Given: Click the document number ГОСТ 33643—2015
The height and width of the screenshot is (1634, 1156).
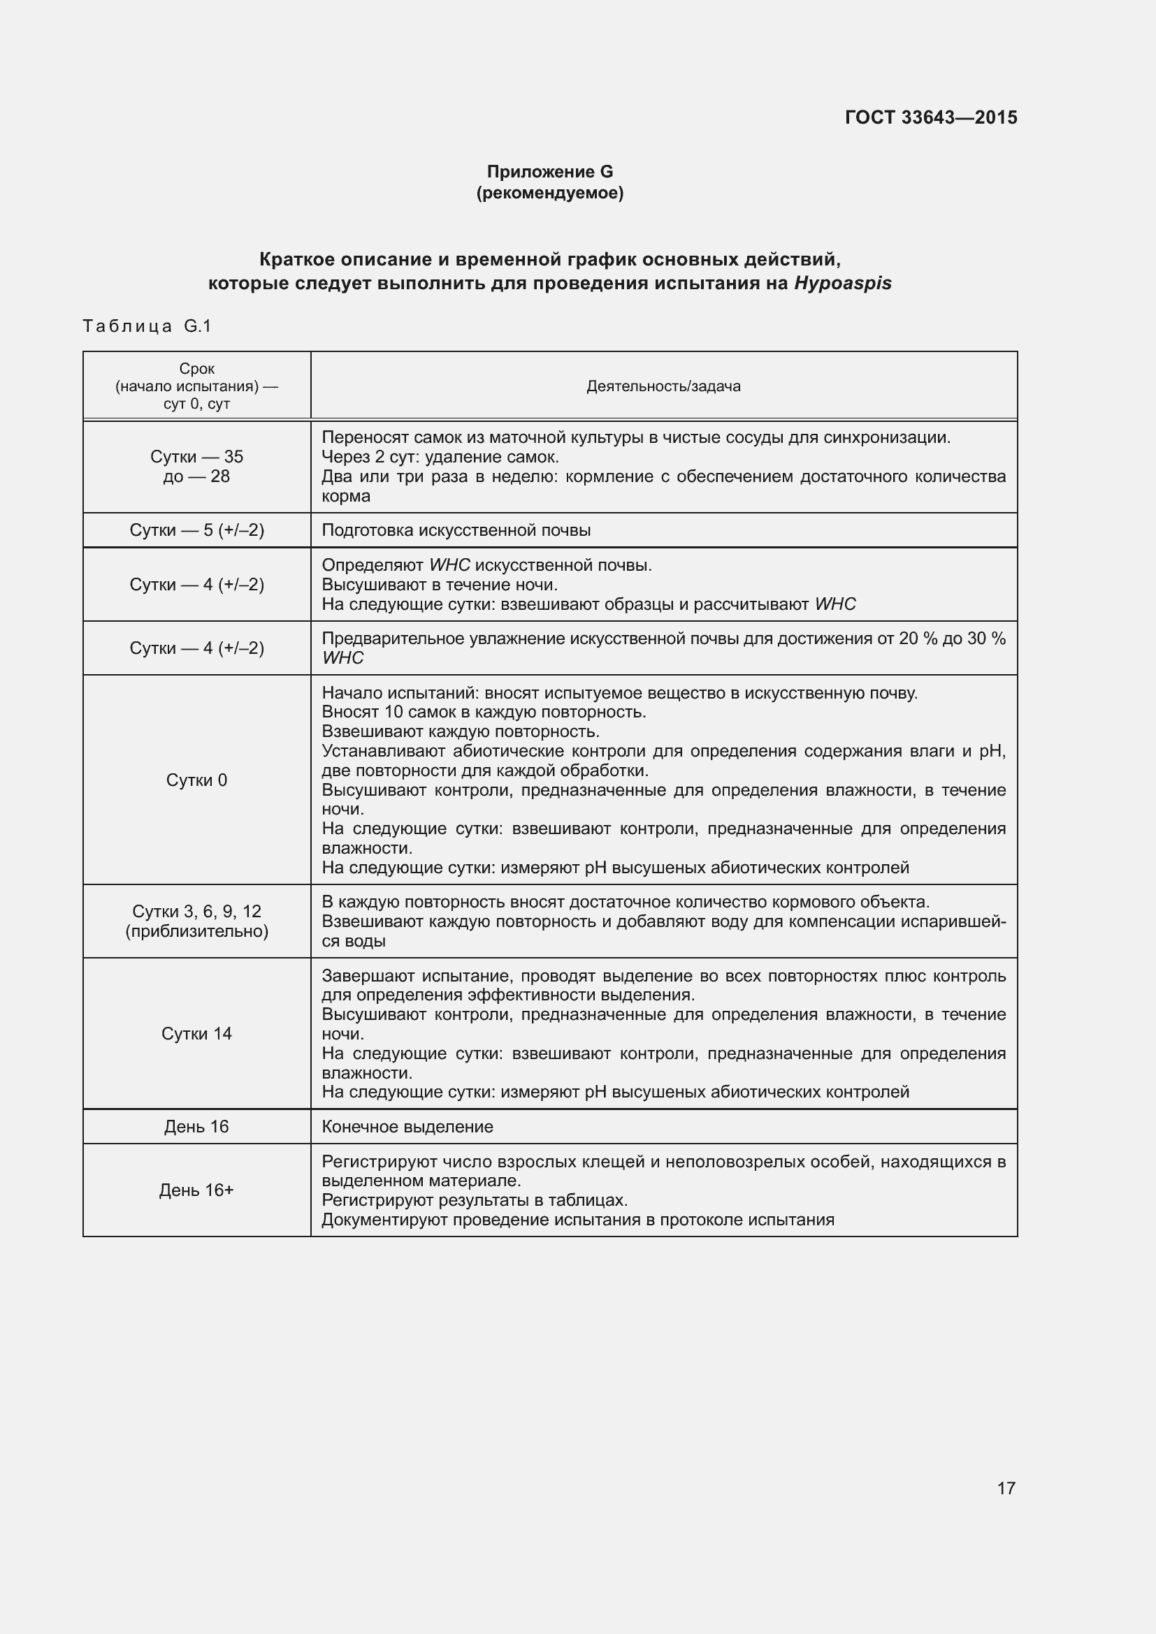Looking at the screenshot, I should (x=930, y=117).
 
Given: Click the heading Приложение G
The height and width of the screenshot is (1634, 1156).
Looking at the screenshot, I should (x=549, y=172).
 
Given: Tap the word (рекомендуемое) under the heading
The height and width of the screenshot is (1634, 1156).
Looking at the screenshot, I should (x=549, y=193).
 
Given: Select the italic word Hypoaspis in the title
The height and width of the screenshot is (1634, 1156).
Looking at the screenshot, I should (x=843, y=283).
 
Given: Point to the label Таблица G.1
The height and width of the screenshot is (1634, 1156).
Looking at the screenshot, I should (x=147, y=326).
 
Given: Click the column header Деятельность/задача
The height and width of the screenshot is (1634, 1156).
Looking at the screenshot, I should (x=663, y=386).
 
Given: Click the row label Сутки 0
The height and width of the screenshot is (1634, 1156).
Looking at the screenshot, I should (x=196, y=780).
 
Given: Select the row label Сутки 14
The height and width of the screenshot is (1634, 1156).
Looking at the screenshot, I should (x=196, y=1033).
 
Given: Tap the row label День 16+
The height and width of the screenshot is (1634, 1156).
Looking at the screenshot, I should (x=196, y=1190).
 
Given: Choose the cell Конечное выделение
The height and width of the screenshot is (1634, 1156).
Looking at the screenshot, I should (x=407, y=1127).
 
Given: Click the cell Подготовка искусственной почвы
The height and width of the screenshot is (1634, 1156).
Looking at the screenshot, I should (x=456, y=530).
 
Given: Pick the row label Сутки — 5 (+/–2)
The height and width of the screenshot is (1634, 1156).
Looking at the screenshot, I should (x=196, y=530).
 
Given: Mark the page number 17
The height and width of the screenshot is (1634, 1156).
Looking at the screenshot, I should (x=1006, y=1488).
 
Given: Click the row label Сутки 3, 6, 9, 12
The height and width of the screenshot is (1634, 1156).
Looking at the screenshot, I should (x=196, y=911).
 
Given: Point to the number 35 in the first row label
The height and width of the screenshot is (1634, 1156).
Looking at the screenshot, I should (x=233, y=457).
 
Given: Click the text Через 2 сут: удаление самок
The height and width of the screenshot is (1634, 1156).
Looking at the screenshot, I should (x=440, y=457).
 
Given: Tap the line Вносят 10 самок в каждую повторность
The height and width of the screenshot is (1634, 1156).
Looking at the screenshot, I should (x=484, y=712).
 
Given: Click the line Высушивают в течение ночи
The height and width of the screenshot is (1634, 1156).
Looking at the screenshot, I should (x=439, y=584).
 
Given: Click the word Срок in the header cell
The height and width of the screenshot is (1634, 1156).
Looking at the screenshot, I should (x=196, y=369).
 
